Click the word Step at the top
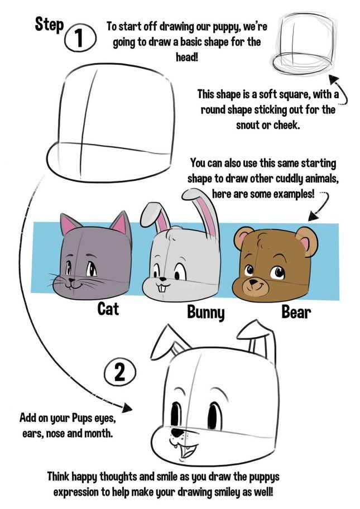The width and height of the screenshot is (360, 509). (x=49, y=24)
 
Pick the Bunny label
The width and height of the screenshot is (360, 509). (x=205, y=312)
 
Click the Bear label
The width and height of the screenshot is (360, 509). (x=296, y=312)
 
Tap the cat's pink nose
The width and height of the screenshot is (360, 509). (x=71, y=274)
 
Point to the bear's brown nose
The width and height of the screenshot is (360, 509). (x=256, y=281)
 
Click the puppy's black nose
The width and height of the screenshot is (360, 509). (x=177, y=433)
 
